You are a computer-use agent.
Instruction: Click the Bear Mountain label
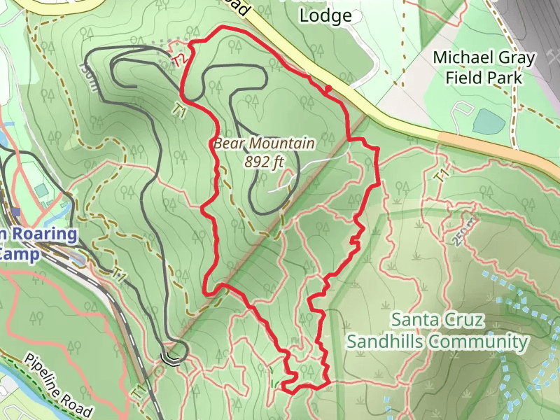(264, 145)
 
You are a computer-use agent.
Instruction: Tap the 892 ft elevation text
(265, 162)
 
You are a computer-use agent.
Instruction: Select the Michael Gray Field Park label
(484, 67)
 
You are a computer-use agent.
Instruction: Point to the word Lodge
(325, 16)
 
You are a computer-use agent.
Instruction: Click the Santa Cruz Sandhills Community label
(437, 330)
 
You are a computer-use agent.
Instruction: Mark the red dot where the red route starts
(327, 88)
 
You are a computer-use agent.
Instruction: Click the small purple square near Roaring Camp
(15, 211)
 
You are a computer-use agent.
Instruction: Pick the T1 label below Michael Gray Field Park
(440, 176)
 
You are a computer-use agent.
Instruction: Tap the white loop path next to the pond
(462, 111)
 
